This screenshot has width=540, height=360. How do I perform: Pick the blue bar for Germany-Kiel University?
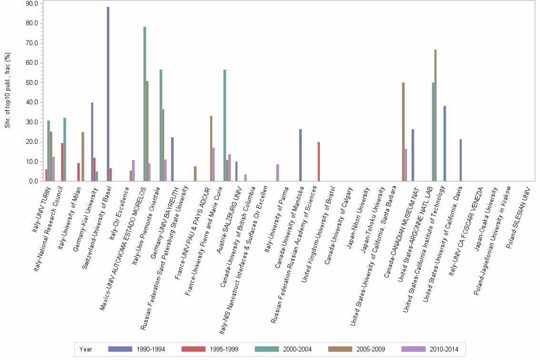(x=92, y=141)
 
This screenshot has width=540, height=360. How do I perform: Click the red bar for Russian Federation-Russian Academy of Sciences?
(x=319, y=161)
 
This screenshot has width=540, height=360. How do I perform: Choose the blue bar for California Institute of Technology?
(x=445, y=143)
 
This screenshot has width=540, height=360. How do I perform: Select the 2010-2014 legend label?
(x=444, y=349)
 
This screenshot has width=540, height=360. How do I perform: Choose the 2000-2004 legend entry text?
(x=297, y=349)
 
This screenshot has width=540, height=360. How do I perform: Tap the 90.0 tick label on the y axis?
(x=32, y=4)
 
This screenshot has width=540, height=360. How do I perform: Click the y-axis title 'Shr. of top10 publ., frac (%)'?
(x=7, y=90)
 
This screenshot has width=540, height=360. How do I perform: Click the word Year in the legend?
(x=86, y=349)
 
